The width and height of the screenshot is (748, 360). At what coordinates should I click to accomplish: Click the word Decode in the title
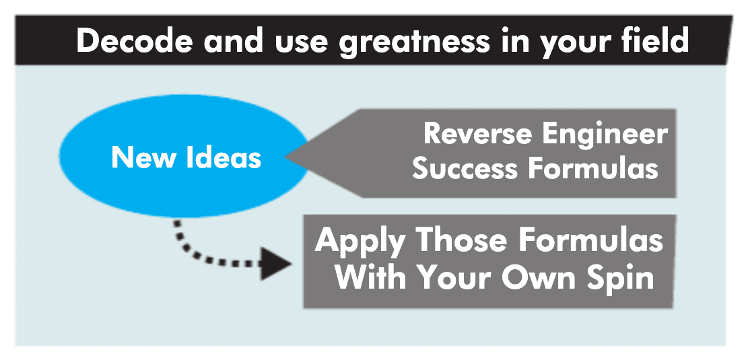point(134,41)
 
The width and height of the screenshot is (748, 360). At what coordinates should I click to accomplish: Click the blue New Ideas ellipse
point(184,155)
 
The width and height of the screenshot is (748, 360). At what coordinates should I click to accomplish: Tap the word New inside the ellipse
point(141,157)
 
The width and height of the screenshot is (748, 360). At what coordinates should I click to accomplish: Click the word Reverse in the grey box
point(479,134)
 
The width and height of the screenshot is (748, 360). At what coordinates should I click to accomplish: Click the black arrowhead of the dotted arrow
point(274,263)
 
